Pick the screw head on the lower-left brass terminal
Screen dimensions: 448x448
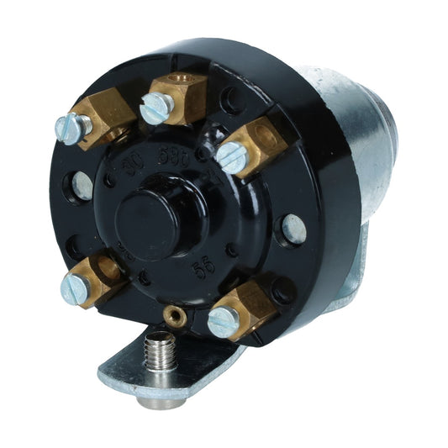pos(74,287)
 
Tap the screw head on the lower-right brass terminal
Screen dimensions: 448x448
pos(223,321)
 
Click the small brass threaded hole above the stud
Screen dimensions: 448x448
pos(174,316)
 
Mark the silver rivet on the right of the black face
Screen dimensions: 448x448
pos(293,227)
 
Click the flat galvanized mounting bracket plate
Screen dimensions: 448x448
pos(139,363)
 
